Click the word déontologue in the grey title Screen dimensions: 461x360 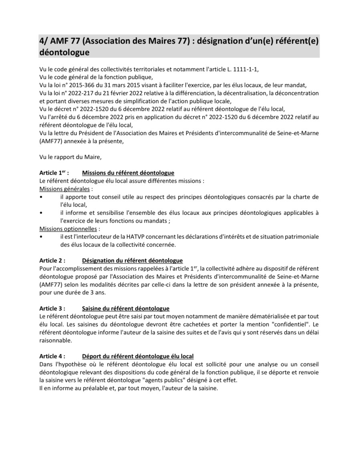(x=64, y=52)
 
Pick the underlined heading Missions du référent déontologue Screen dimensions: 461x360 (x=128, y=173)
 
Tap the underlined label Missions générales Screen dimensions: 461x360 (x=64, y=189)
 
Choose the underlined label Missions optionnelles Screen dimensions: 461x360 (x=68, y=229)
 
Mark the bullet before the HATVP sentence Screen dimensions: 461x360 (x=41, y=237)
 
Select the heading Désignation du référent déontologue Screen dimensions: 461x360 (x=133, y=261)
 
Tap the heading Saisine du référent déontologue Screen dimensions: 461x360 (x=126, y=309)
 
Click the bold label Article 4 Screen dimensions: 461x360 (x=52, y=356)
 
